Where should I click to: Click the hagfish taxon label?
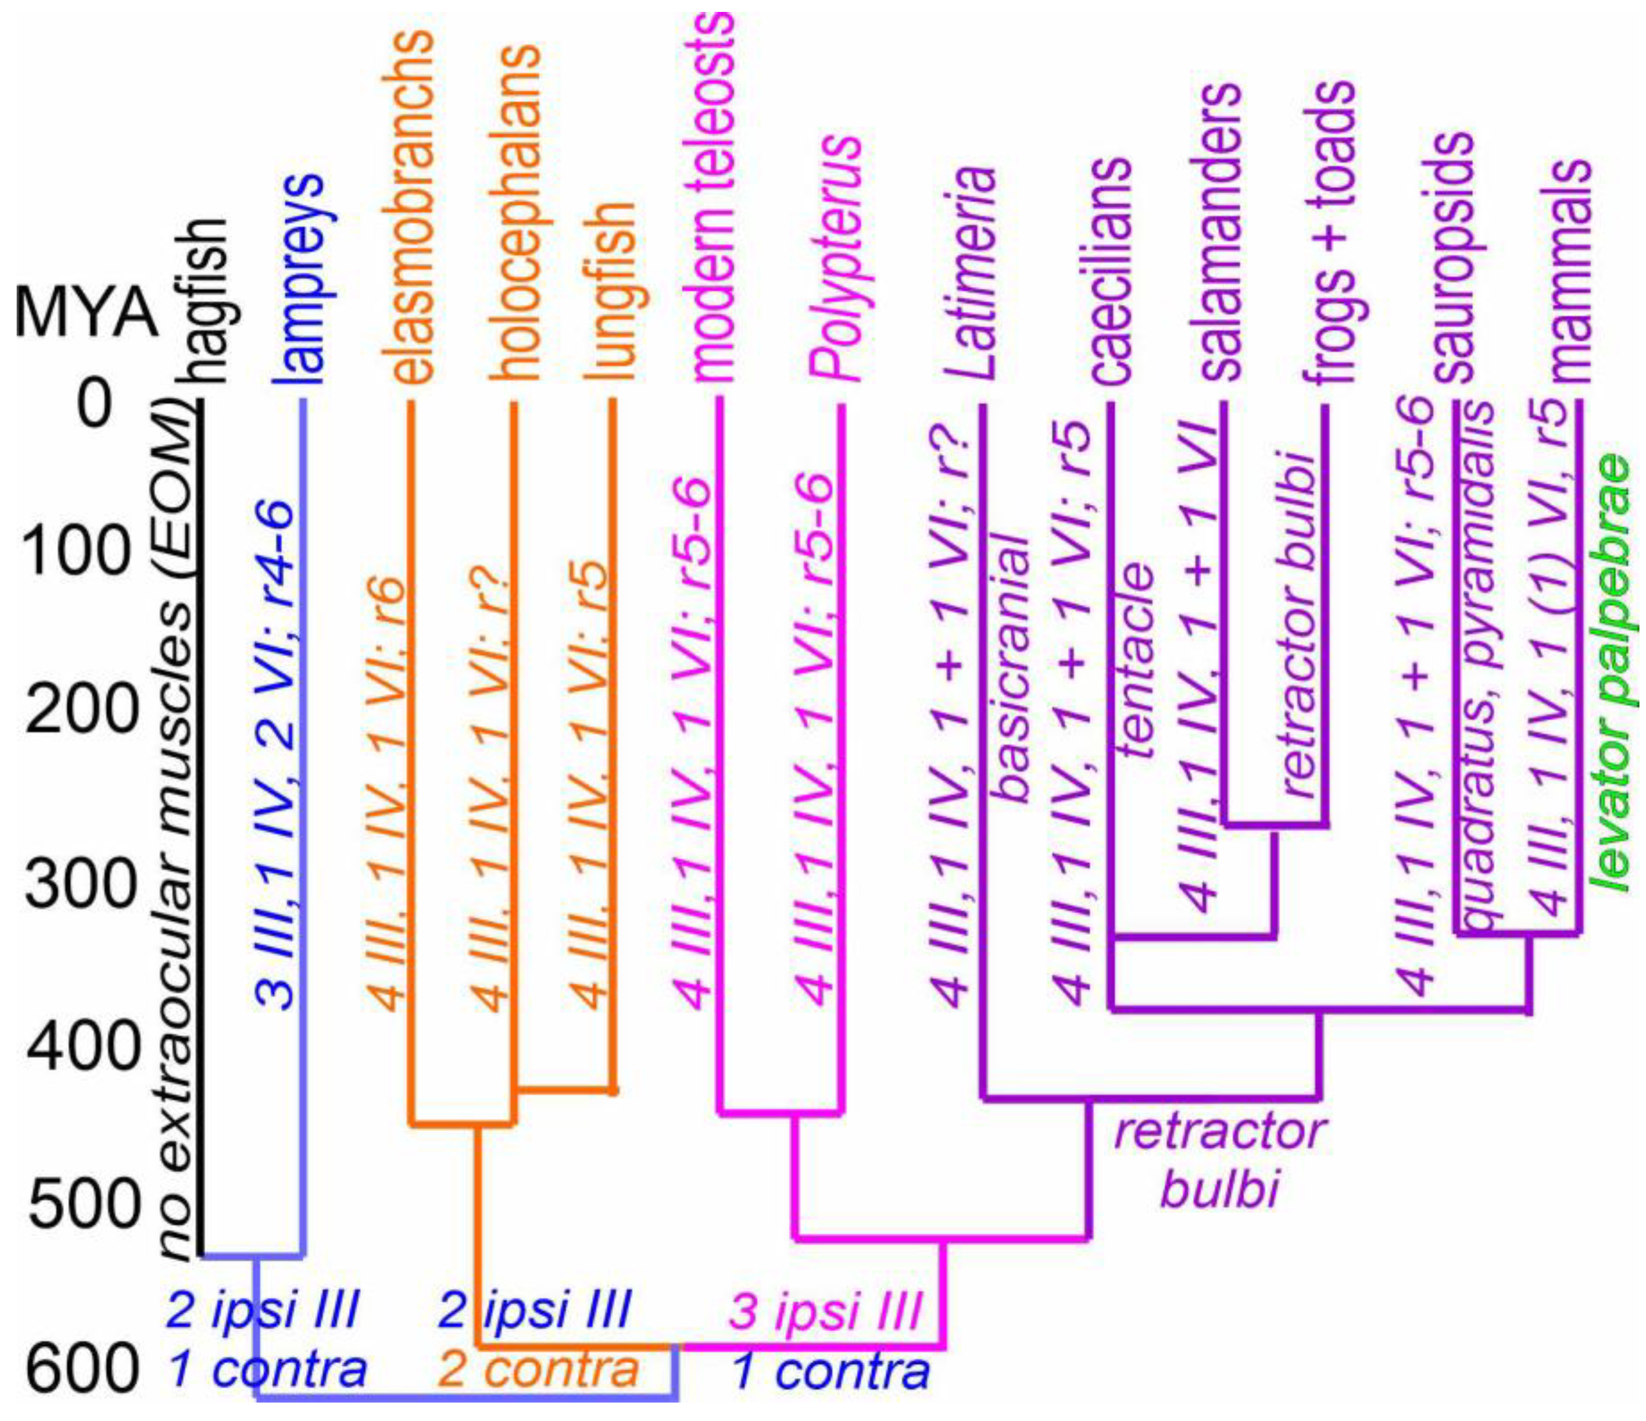coord(208,301)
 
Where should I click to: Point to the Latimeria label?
coord(976,274)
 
